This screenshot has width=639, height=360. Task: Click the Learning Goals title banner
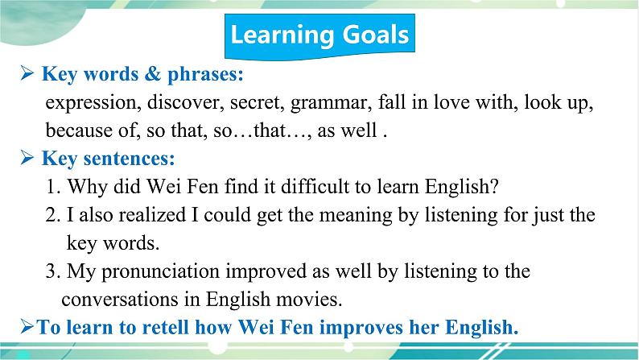(320, 36)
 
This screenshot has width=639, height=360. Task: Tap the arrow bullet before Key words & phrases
(27, 74)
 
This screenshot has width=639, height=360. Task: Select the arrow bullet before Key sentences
(27, 158)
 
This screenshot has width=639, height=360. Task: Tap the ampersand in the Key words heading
(153, 74)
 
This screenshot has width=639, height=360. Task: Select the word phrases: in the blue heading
(205, 75)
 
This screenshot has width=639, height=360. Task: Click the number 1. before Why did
(53, 187)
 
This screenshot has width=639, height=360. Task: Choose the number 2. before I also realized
(53, 215)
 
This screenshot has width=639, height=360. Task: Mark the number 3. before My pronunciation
(53, 271)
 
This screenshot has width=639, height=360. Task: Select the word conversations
(120, 300)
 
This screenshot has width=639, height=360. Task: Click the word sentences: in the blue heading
(130, 158)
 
